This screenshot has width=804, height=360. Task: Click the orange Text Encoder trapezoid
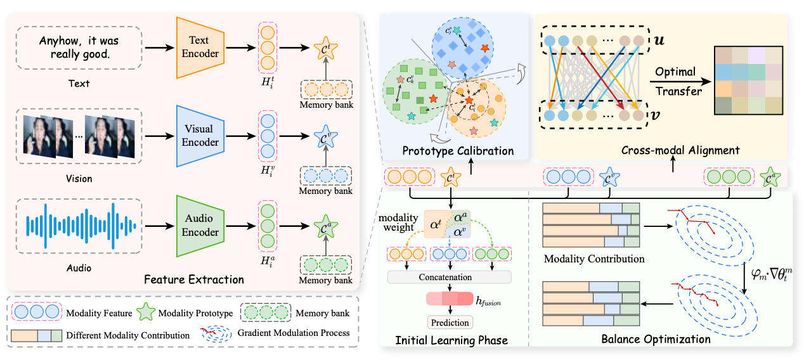pyautogui.click(x=200, y=48)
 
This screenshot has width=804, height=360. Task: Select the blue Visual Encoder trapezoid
pyautogui.click(x=200, y=136)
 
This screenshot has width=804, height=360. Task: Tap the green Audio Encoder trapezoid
pyautogui.click(x=200, y=226)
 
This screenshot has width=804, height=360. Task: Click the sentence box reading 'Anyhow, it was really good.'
pyautogui.click(x=79, y=48)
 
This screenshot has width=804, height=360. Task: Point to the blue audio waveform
pyautogui.click(x=81, y=226)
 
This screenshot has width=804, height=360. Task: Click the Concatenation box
pyautogui.click(x=450, y=277)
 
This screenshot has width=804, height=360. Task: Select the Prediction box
pyautogui.click(x=450, y=323)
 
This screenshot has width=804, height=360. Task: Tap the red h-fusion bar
pyautogui.click(x=450, y=299)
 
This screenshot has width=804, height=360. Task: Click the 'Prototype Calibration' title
pyautogui.click(x=458, y=151)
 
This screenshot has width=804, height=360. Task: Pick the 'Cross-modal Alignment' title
pyautogui.click(x=680, y=150)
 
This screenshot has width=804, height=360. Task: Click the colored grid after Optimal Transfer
pyautogui.click(x=748, y=80)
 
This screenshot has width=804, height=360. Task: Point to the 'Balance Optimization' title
pyautogui.click(x=656, y=339)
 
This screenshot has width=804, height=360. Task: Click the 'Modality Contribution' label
pyautogui.click(x=594, y=259)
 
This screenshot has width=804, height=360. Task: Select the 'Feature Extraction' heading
pyautogui.click(x=194, y=280)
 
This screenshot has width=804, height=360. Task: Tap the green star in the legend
pyautogui.click(x=146, y=312)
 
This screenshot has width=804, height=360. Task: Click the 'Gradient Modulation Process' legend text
pyautogui.click(x=293, y=333)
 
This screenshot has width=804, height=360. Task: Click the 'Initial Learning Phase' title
pyautogui.click(x=451, y=340)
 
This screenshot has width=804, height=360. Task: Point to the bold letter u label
pyautogui.click(x=659, y=41)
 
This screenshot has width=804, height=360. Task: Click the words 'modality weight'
pyautogui.click(x=398, y=222)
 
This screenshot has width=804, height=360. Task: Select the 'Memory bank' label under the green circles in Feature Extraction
pyautogui.click(x=325, y=280)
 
